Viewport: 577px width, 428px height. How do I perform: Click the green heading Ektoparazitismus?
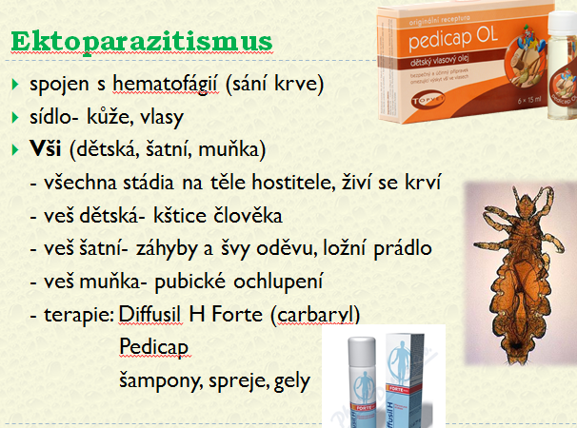tap(142, 42)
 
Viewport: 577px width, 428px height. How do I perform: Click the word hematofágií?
tap(165, 85)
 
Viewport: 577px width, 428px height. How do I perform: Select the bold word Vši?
tap(46, 148)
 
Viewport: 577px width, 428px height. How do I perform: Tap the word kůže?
tap(108, 117)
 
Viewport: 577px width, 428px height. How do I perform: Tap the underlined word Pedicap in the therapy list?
tap(154, 347)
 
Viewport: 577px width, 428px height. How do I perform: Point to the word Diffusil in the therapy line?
tap(150, 315)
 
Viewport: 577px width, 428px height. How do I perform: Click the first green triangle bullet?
tap(15, 85)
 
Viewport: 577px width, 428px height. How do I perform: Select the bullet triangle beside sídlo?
tap(15, 117)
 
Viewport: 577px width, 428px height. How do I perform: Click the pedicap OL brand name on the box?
tap(453, 38)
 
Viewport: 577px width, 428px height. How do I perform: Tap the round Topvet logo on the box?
tap(428, 99)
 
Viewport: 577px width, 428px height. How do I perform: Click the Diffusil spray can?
tap(362, 381)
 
